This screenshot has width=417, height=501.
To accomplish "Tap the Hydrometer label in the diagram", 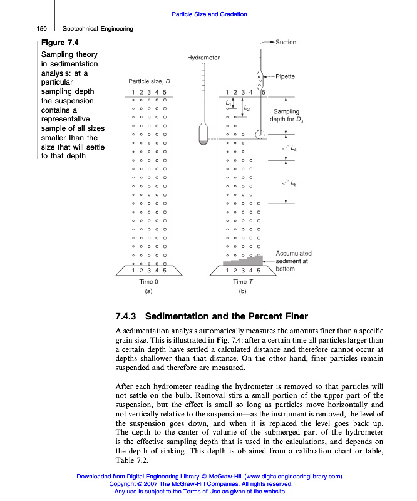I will coord(203,58).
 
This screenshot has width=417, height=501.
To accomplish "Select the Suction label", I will coord(286,43).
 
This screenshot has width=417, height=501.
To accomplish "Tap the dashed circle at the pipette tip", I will coord(259,133).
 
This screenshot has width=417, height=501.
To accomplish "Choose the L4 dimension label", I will coord(294,149).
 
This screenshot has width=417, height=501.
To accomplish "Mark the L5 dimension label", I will coord(294,183).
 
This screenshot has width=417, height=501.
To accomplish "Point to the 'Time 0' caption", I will coord(148,282).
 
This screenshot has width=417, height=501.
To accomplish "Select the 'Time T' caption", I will coord(243,282).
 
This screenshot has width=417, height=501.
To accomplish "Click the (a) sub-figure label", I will coord(148,291).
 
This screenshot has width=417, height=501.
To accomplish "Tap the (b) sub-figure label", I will coord(243,291).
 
